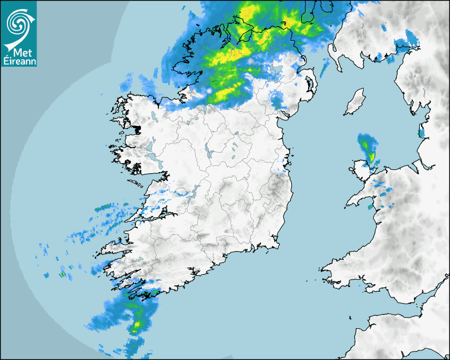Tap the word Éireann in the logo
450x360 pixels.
coord(19,61)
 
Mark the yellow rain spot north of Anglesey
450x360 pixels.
coord(372,157)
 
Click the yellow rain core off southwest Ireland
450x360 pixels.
coord(138,324)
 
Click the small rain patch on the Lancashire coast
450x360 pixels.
coord(421,132)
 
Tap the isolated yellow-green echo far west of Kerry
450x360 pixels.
coord(62,274)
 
